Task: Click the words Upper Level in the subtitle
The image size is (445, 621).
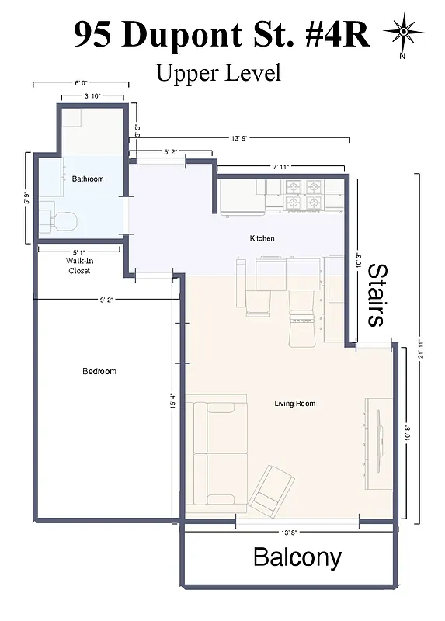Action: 217,74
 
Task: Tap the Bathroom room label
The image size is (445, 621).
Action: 88,179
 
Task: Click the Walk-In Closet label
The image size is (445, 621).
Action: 79,266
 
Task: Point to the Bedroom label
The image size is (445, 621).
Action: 99,371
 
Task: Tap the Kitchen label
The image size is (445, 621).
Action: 262,238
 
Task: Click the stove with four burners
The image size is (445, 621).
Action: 303,195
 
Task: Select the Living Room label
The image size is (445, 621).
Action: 295,404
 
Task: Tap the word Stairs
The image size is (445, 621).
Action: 376,295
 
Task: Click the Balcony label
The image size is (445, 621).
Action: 297,557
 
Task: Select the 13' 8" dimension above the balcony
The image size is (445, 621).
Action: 297,533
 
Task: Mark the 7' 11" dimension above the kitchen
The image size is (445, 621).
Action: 280,167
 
